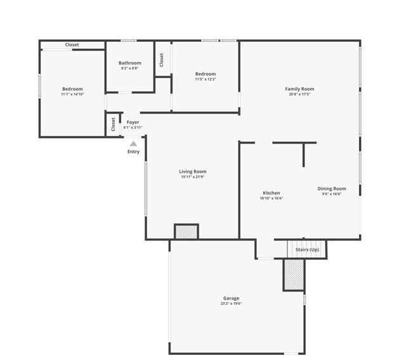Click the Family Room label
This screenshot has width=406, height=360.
point(299,89)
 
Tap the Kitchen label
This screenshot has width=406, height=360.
point(272,193)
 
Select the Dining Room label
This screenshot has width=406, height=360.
point(332,189)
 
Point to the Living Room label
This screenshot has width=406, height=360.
point(192,171)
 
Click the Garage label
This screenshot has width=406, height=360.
point(231,298)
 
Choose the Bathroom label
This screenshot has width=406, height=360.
point(129,63)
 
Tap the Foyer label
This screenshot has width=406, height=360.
point(133,122)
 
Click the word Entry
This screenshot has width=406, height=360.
point(133,152)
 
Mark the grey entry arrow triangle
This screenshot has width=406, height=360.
point(133,144)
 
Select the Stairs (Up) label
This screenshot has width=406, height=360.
point(307,250)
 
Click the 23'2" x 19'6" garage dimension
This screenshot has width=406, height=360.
point(231,303)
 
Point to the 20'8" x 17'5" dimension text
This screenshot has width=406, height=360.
point(299,95)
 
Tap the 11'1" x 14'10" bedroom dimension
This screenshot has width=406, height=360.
point(72,95)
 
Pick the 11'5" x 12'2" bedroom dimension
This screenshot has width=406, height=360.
point(205,79)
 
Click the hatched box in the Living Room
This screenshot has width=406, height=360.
point(186,232)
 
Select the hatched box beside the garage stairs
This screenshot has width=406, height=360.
point(294,275)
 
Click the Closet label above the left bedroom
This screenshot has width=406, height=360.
point(72,45)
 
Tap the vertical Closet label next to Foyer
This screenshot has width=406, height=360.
point(114,124)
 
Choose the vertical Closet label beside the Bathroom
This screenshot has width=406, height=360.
point(162,59)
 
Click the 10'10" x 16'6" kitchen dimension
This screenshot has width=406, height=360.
point(272,199)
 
